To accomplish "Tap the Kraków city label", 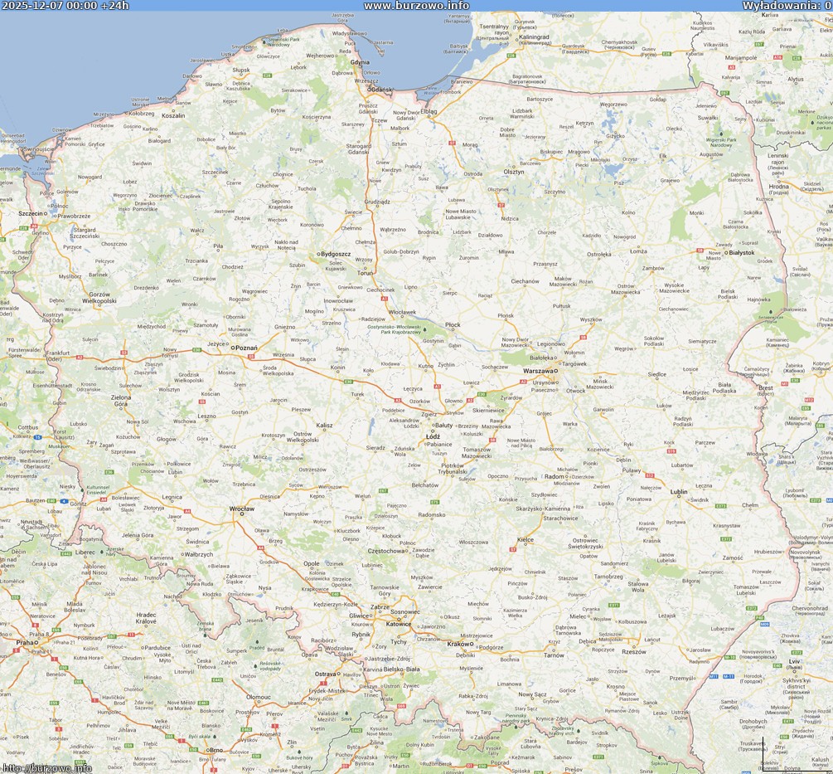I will [x=458, y=644].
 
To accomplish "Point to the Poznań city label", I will [x=246, y=348].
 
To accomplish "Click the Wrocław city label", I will [x=242, y=508].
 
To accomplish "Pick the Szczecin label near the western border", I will [x=36, y=214].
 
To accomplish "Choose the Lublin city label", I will [x=679, y=491].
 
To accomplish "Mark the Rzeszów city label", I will [x=633, y=651].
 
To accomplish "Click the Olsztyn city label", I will [x=514, y=172].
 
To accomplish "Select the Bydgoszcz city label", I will [x=336, y=254].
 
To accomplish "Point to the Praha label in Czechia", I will [x=26, y=641].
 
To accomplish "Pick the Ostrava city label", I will [x=325, y=674].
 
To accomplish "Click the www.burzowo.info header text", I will [x=416, y=6].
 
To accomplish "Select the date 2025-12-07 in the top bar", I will [x=32, y=6].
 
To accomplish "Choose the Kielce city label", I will [x=525, y=539].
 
